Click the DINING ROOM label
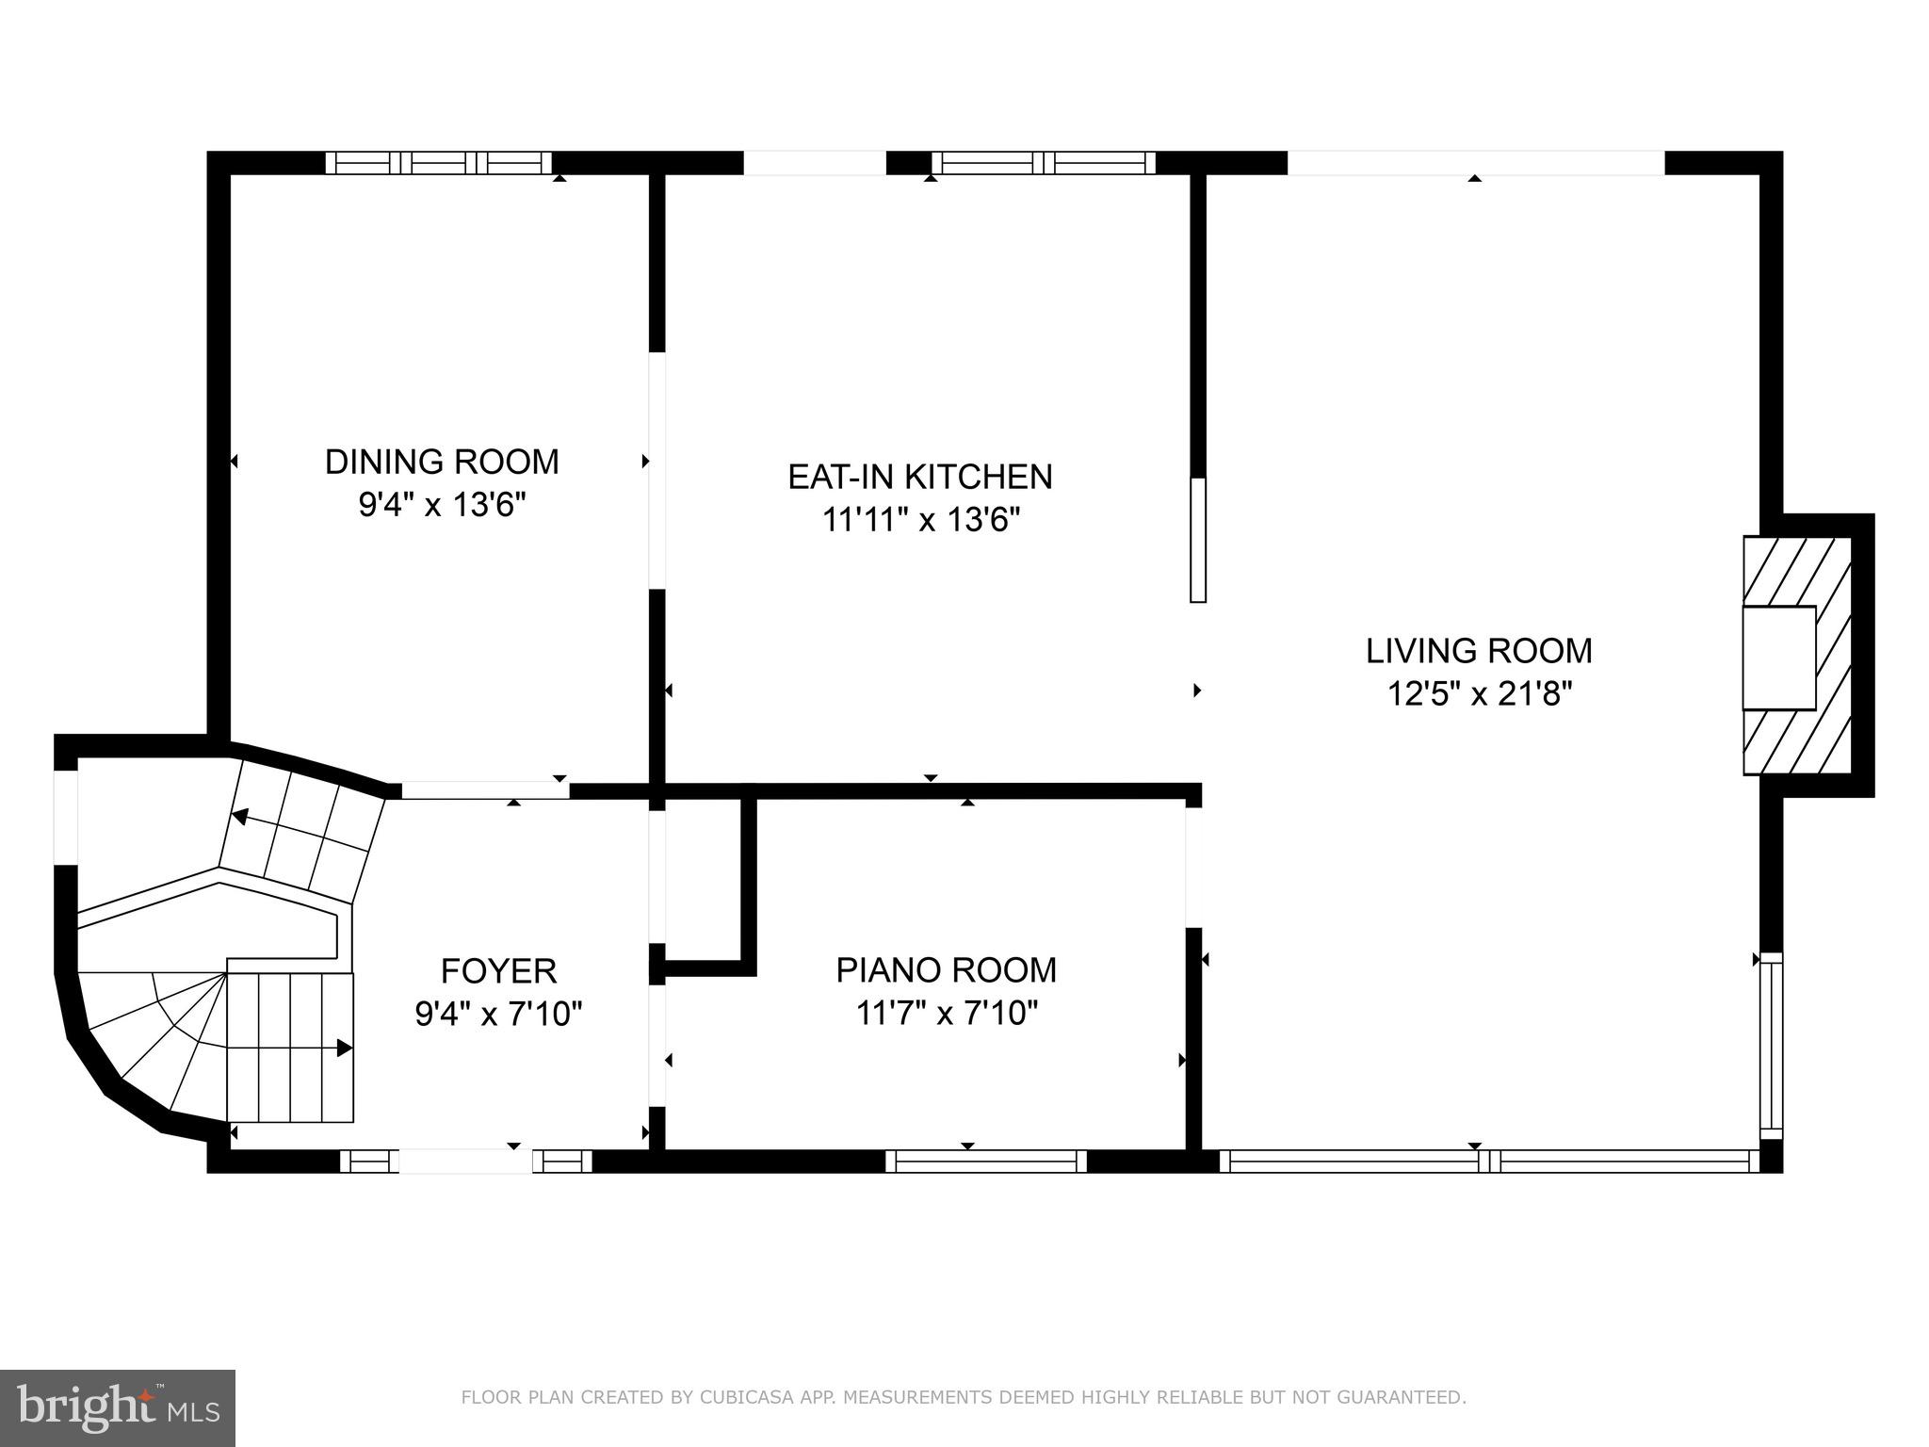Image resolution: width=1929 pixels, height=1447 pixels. tap(442, 462)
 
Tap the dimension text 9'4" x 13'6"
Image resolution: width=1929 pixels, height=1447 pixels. tap(442, 506)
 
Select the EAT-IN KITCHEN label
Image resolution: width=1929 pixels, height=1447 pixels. tap(919, 477)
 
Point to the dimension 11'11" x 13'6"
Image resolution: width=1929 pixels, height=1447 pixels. tap(921, 520)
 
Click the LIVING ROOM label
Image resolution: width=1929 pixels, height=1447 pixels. tap(1479, 651)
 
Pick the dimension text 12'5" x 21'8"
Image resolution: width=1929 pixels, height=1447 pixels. tap(1479, 695)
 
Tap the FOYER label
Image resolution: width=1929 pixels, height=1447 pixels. tap(498, 970)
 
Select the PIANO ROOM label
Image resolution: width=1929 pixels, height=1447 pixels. tap(946, 970)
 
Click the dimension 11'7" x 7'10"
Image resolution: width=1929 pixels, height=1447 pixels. tap(946, 1014)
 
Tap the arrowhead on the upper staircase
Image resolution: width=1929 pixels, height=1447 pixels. tap(241, 817)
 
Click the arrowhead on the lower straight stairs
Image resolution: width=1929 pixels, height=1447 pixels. tap(345, 1048)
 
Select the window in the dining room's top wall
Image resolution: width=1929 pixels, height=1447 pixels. tap(439, 163)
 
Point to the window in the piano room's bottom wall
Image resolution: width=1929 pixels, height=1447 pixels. tap(986, 1161)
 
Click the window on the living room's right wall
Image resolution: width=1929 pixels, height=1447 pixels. tap(1772, 1042)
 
